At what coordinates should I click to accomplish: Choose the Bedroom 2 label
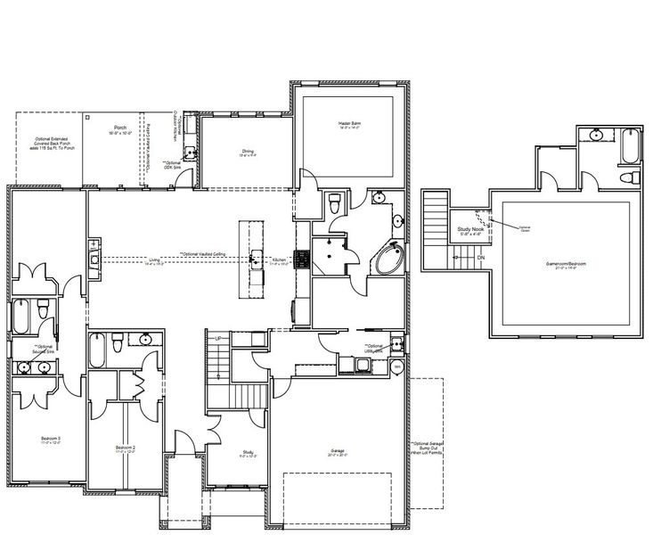pos(126,448)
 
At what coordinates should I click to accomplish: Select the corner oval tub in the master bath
pos(388,261)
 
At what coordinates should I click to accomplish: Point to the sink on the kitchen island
pos(255,259)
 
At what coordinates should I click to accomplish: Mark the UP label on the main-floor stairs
pos(217,339)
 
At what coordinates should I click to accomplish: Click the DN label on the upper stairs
pos(481,258)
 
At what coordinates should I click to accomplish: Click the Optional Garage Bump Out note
pos(427,450)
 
